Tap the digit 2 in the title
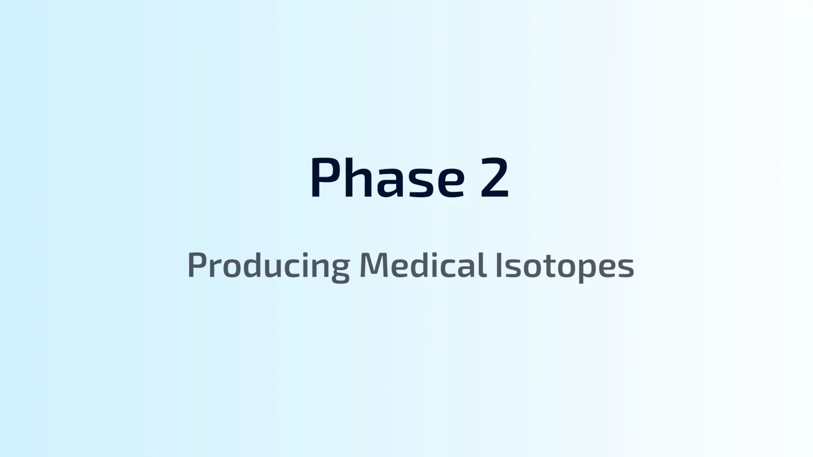494,178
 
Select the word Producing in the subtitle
269,266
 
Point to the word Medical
422,264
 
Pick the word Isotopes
564,266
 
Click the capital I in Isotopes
498,265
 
